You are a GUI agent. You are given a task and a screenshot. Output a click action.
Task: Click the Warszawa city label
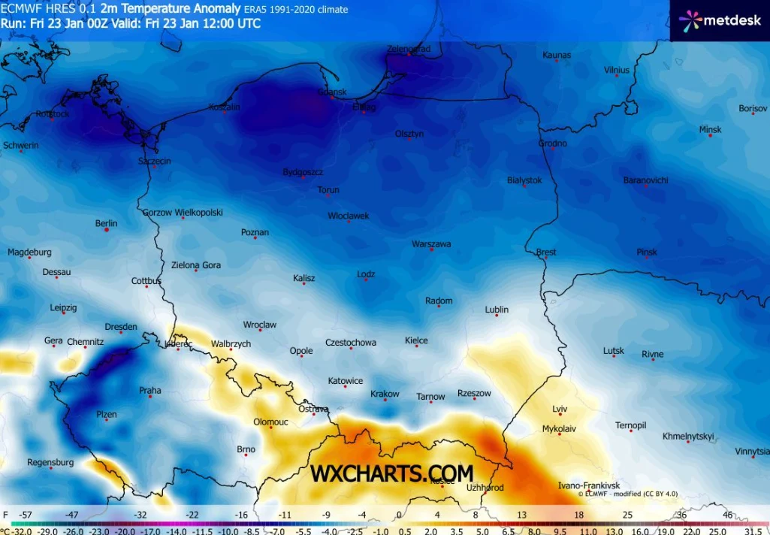coord(431,244)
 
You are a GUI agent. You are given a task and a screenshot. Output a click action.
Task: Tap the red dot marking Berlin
coord(107,230)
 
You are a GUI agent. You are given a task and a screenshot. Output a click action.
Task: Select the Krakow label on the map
coord(385,394)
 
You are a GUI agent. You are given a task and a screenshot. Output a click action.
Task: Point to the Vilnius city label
coord(616,71)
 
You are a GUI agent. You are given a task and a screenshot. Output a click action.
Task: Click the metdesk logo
coord(719,20)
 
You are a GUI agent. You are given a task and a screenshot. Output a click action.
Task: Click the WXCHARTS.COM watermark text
coord(392,473)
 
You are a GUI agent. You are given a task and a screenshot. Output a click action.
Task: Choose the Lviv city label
coord(559,409)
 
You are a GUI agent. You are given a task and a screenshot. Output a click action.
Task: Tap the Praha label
coord(150,391)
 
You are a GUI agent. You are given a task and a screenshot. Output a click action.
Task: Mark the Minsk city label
coord(710,130)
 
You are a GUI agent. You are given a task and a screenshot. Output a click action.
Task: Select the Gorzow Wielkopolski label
coord(183,213)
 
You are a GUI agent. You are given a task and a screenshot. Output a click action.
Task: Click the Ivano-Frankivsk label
coord(589,486)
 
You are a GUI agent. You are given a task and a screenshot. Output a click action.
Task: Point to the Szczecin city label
coord(155,162)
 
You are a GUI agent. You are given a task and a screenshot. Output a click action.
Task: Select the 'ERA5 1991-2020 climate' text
coord(296,10)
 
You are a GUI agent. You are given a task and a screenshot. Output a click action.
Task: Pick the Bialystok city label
coord(524,180)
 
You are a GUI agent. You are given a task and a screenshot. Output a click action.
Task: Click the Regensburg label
coord(50,462)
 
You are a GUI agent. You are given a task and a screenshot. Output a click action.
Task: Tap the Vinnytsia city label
coord(752,452)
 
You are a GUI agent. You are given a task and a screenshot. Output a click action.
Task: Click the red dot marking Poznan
coord(255,238)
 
